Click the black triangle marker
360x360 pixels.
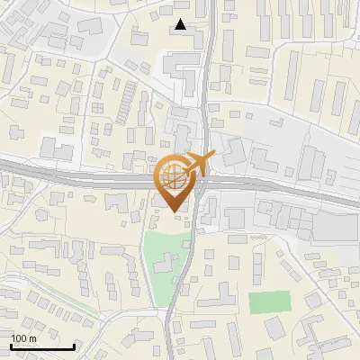tap(181, 25)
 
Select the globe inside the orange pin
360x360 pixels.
tap(174, 176)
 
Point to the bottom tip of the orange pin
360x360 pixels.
tap(174, 212)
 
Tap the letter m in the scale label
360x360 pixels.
tap(32, 338)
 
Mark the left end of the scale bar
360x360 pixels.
tap(11, 347)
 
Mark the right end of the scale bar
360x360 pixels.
tap(75, 347)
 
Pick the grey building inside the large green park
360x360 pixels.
tap(166, 264)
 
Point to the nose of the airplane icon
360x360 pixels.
tap(214, 157)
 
